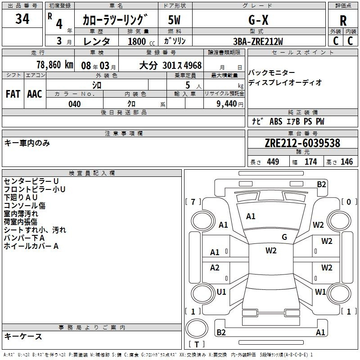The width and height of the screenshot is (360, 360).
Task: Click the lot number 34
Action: tap(22, 18)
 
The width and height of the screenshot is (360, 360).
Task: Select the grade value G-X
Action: tap(258, 20)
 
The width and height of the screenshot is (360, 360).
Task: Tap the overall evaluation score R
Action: tap(343, 21)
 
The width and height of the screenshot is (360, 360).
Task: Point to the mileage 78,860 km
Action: tap(55, 65)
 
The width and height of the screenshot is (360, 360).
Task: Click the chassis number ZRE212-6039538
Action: tap(302, 143)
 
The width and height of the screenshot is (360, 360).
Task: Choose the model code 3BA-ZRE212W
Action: tap(258, 41)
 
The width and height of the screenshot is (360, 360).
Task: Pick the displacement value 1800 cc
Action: tap(141, 41)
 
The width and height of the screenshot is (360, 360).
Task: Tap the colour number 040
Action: tap(75, 104)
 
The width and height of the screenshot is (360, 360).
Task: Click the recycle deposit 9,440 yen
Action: tap(230, 104)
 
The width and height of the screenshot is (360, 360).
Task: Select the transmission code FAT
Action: tap(13, 94)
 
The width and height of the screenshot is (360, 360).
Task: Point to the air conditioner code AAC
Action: tap(35, 94)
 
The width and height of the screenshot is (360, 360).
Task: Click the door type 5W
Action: tap(174, 20)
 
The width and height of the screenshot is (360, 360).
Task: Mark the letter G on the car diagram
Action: tap(284, 237)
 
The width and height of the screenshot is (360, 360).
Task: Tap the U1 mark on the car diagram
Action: tap(221, 292)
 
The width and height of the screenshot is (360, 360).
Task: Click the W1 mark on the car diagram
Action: tap(320, 292)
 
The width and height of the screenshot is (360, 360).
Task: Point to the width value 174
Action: tap(310, 162)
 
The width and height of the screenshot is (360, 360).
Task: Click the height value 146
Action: tap(346, 162)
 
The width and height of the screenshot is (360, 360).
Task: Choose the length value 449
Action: tap(273, 162)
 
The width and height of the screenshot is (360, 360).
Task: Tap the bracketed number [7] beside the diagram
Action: tap(193, 202)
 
